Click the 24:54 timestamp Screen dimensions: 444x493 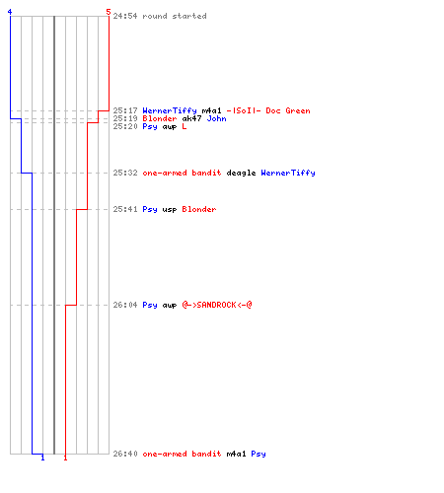[125, 16]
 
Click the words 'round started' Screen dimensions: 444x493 [175, 16]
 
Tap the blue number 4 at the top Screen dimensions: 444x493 [10, 12]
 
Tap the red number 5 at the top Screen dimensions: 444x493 [109, 12]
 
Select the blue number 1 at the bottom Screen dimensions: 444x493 [42, 458]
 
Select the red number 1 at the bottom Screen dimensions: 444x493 [65, 458]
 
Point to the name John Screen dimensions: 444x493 [216, 118]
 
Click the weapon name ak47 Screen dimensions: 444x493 [191, 118]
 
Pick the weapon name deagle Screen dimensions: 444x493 [241, 173]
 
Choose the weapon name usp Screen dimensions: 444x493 [170, 209]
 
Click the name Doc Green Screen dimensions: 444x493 [288, 110]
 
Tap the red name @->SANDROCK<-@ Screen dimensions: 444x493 [217, 305]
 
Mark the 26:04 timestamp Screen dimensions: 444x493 [125, 305]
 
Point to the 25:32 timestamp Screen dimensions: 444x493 [125, 173]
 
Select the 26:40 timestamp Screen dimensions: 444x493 [125, 454]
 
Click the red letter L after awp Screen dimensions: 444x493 [185, 126]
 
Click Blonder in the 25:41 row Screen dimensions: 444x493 [199, 209]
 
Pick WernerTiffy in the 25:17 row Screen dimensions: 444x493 [170, 110]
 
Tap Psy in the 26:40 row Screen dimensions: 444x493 [259, 454]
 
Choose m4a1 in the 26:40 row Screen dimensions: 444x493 [236, 454]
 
